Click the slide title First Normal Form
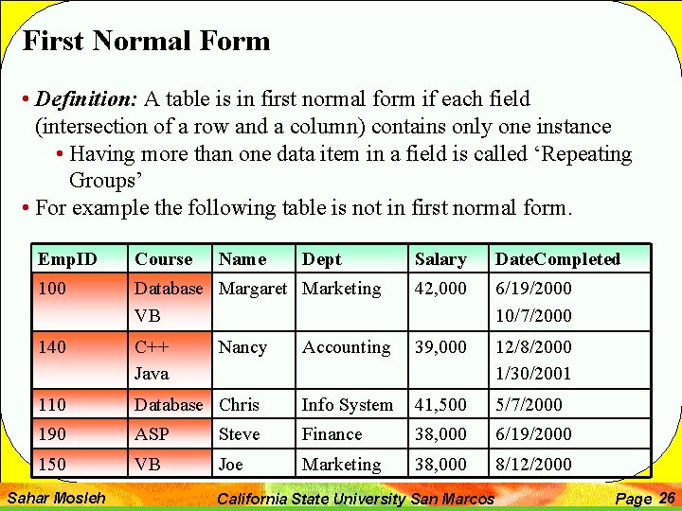coord(146,42)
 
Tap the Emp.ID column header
coord(67,259)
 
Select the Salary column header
coord(440,259)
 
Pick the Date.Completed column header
coord(558,259)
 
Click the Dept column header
coord(322,259)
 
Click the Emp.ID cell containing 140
coord(52,347)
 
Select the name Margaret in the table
coord(252,289)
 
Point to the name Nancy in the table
coord(242,347)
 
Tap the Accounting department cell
coord(346,347)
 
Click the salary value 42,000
coord(440,289)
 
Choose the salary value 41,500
coord(440,405)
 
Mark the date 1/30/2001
coord(533,374)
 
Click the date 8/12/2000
coord(533,465)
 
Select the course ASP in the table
coord(152,434)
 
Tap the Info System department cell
coord(347,405)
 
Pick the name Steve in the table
coord(239,434)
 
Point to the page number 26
coord(666,498)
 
